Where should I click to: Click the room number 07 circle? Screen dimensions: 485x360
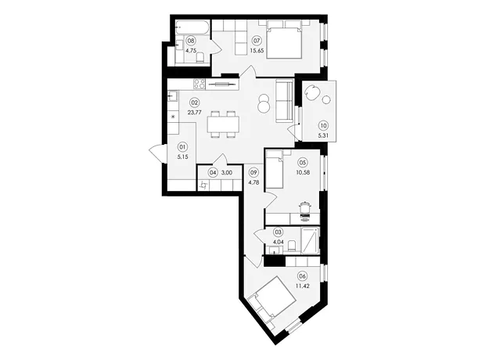[257, 41]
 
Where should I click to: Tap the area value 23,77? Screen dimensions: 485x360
[195, 113]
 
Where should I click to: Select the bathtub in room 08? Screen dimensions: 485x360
[192, 29]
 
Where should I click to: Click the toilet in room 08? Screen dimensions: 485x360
[200, 58]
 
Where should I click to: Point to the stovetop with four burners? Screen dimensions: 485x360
[199, 84]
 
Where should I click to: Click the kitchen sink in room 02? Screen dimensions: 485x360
[173, 96]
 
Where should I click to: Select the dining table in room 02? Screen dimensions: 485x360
[223, 124]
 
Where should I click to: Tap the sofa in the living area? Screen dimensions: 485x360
[284, 101]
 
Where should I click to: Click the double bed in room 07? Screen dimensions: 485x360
[284, 39]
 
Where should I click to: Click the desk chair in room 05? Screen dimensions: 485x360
[305, 211]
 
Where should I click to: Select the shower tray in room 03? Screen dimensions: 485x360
[310, 241]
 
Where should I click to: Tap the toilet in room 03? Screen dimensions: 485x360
[292, 247]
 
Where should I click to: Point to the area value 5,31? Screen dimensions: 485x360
[323, 135]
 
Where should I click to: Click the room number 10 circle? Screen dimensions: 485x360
[323, 126]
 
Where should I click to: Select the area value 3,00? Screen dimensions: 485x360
[227, 173]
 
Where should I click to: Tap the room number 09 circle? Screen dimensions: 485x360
[253, 173]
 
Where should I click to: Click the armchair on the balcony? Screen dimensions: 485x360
[312, 92]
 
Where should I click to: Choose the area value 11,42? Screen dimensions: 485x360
[303, 286]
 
